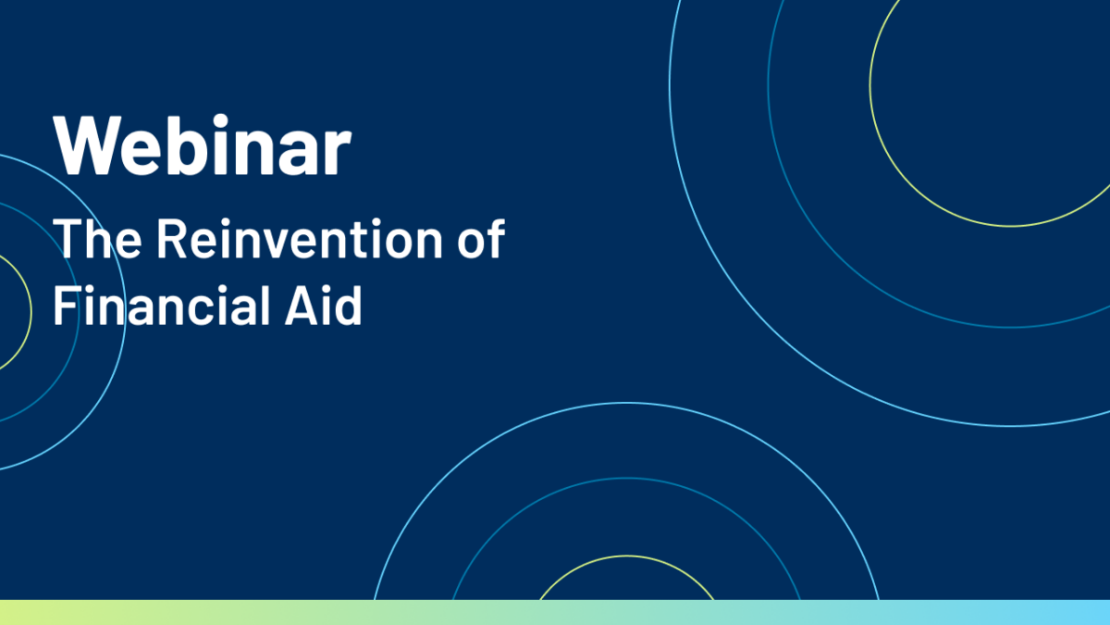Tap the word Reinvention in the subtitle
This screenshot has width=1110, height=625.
[300, 239]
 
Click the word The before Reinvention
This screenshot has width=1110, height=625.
[98, 239]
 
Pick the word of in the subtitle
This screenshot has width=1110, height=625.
[481, 239]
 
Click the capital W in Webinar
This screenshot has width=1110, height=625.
[88, 145]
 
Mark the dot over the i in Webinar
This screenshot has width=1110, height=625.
[220, 120]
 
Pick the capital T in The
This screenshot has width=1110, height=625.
[68, 239]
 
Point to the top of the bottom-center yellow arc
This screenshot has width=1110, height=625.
[627, 556]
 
